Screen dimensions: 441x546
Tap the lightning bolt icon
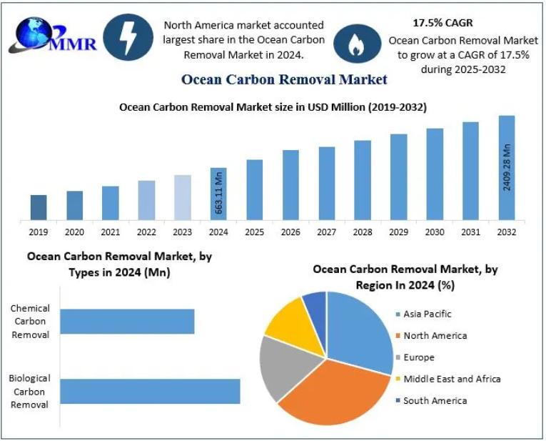tap(128, 38)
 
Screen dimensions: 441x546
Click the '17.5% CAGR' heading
tap(443, 23)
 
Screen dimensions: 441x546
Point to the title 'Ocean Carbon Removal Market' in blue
tap(284, 79)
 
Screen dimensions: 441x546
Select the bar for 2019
tap(39, 207)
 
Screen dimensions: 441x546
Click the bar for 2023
tap(183, 197)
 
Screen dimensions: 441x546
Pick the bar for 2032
tap(506, 167)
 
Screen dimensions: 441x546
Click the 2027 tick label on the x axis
tap(326, 232)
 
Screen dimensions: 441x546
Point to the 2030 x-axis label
tap(434, 232)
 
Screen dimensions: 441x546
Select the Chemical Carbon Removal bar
tap(127, 321)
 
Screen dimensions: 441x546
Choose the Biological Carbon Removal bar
tap(150, 391)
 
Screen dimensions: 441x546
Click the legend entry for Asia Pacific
tap(427, 314)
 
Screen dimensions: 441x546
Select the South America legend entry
tap(434, 400)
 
